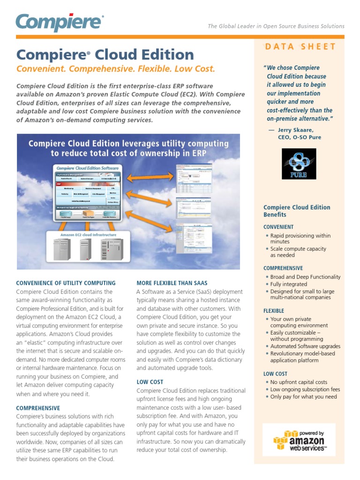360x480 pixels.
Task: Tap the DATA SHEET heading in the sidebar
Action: point(300,46)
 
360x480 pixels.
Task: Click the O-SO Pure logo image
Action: point(299,164)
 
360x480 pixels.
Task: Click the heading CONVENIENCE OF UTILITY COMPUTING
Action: point(66,283)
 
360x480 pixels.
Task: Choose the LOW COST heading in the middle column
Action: point(150,382)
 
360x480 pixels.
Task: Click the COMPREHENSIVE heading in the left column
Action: point(38,408)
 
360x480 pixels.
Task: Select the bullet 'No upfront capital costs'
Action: point(299,382)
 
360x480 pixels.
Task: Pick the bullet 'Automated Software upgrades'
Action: point(305,346)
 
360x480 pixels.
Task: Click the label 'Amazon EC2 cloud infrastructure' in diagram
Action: point(89,235)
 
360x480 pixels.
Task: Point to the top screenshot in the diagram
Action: point(193,177)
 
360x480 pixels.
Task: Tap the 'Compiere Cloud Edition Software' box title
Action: point(88,168)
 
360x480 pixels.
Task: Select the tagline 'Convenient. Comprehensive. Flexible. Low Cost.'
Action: point(116,69)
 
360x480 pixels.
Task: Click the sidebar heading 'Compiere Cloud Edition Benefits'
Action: point(297,211)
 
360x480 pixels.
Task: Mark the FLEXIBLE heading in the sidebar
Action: point(274,311)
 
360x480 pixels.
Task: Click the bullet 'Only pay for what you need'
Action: point(303,397)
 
